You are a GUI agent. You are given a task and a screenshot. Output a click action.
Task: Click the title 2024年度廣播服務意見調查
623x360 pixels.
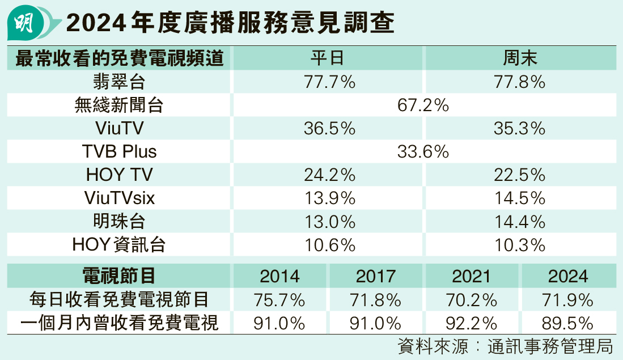click(230, 24)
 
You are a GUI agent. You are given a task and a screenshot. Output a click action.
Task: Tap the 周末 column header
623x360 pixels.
click(520, 58)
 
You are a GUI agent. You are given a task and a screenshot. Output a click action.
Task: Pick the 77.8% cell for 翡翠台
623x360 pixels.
click(520, 82)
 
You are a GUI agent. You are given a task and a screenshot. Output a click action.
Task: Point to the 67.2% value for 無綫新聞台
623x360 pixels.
click(423, 105)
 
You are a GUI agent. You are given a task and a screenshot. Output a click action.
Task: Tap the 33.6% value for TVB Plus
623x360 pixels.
click(423, 151)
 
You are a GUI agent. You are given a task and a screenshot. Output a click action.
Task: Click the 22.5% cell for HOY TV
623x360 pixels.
click(520, 175)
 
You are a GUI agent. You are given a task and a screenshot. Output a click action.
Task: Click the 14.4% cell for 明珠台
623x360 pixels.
click(520, 221)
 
